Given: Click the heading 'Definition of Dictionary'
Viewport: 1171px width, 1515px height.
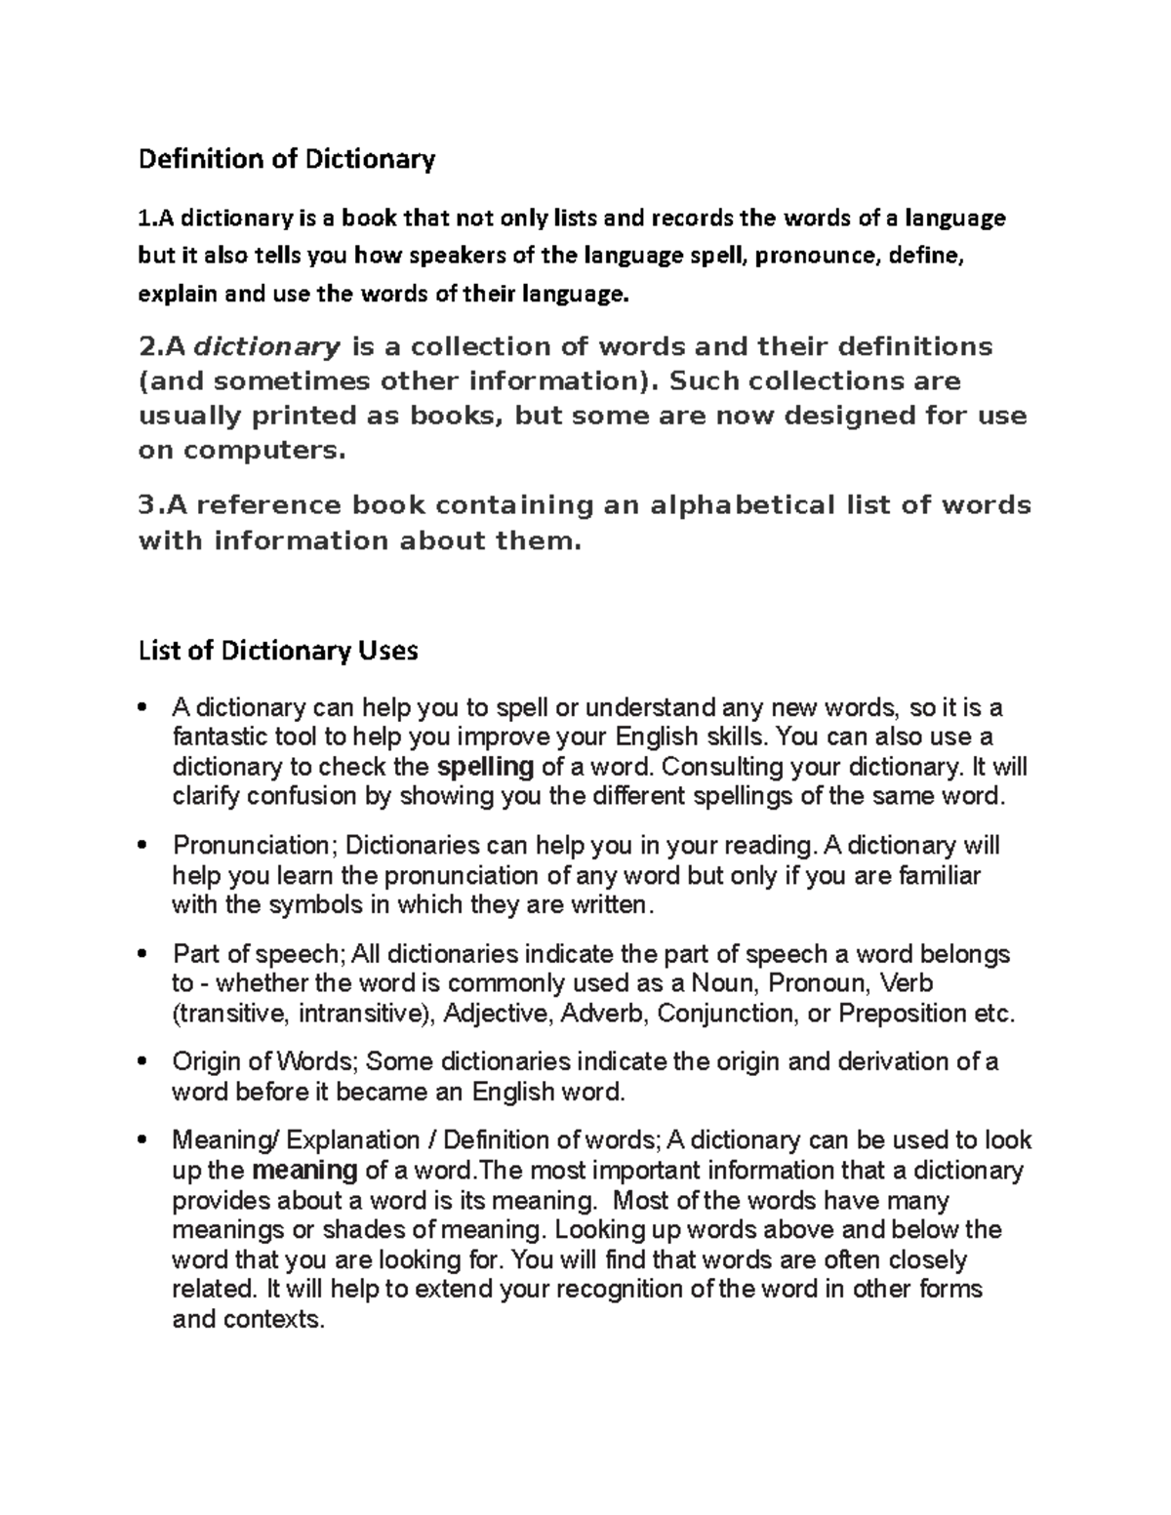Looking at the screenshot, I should [x=286, y=159].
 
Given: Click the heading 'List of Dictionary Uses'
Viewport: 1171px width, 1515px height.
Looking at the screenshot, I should [x=278, y=651].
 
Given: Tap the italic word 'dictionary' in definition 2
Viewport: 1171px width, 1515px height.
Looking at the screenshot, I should [x=267, y=347].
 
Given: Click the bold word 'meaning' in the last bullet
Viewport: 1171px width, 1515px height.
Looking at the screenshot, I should [x=304, y=1171].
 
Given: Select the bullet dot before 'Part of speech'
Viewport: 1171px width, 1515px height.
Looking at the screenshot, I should [x=143, y=953].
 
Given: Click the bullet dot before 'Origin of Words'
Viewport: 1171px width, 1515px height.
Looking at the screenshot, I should [x=143, y=1061].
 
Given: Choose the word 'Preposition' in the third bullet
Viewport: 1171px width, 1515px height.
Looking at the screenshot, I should [x=903, y=1014].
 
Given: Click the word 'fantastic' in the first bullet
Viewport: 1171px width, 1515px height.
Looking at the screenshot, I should [x=213, y=737].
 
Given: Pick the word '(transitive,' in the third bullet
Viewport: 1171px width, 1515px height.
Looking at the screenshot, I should [x=230, y=1014].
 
